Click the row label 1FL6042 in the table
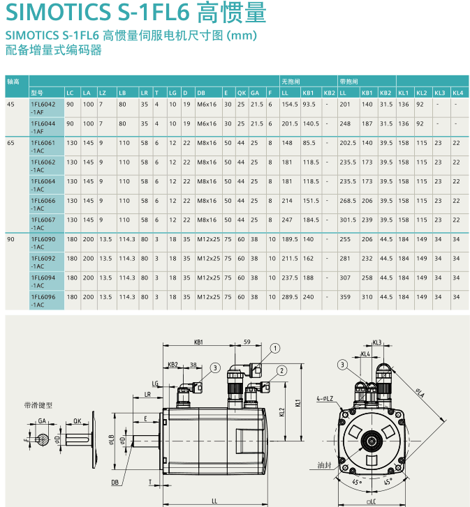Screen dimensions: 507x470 tap(41, 104)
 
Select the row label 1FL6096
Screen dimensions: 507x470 tap(41, 296)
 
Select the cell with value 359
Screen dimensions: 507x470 tap(344, 296)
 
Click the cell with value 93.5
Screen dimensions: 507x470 tap(309, 104)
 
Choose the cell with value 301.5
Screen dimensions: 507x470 tap(347, 220)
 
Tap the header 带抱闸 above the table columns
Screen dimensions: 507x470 tap(349, 81)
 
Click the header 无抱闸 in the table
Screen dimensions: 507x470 tap(291, 81)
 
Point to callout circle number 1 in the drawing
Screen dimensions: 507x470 tap(275, 348)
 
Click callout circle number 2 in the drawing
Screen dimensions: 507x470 tap(282, 370)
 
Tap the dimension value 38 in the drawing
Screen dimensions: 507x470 tap(193, 364)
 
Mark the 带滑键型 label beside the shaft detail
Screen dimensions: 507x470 tap(38, 404)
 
